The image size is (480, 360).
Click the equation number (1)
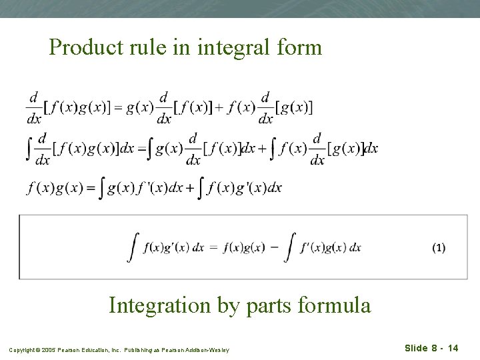pos(438,247)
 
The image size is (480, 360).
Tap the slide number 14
pos(453,348)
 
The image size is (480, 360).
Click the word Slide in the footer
pos(417,348)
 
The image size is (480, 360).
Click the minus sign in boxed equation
pos(275,247)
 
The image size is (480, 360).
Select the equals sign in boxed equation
pos(214,247)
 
